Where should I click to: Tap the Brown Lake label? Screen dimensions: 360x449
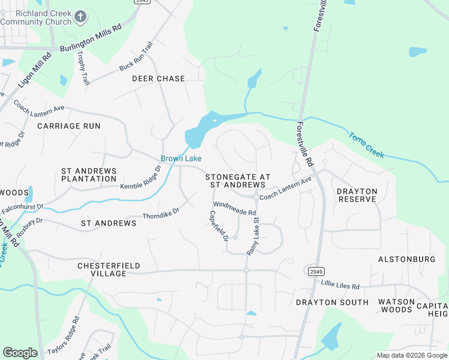click(181, 158)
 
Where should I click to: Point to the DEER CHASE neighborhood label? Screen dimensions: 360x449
click(158, 79)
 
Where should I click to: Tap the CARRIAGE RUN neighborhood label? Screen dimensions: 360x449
click(69, 126)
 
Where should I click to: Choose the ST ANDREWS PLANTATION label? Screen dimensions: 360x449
click(89, 175)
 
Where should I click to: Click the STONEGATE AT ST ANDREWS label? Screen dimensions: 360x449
click(238, 181)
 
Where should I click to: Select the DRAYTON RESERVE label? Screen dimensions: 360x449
click(357, 195)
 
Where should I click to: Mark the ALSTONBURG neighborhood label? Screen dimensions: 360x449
click(406, 259)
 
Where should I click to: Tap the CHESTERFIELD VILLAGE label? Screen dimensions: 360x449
click(101, 269)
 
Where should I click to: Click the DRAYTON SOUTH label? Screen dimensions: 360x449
click(332, 302)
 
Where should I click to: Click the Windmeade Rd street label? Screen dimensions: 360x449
click(234, 208)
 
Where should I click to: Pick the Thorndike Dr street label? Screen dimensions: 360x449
click(161, 214)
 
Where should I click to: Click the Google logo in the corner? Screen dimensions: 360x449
click(20, 353)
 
